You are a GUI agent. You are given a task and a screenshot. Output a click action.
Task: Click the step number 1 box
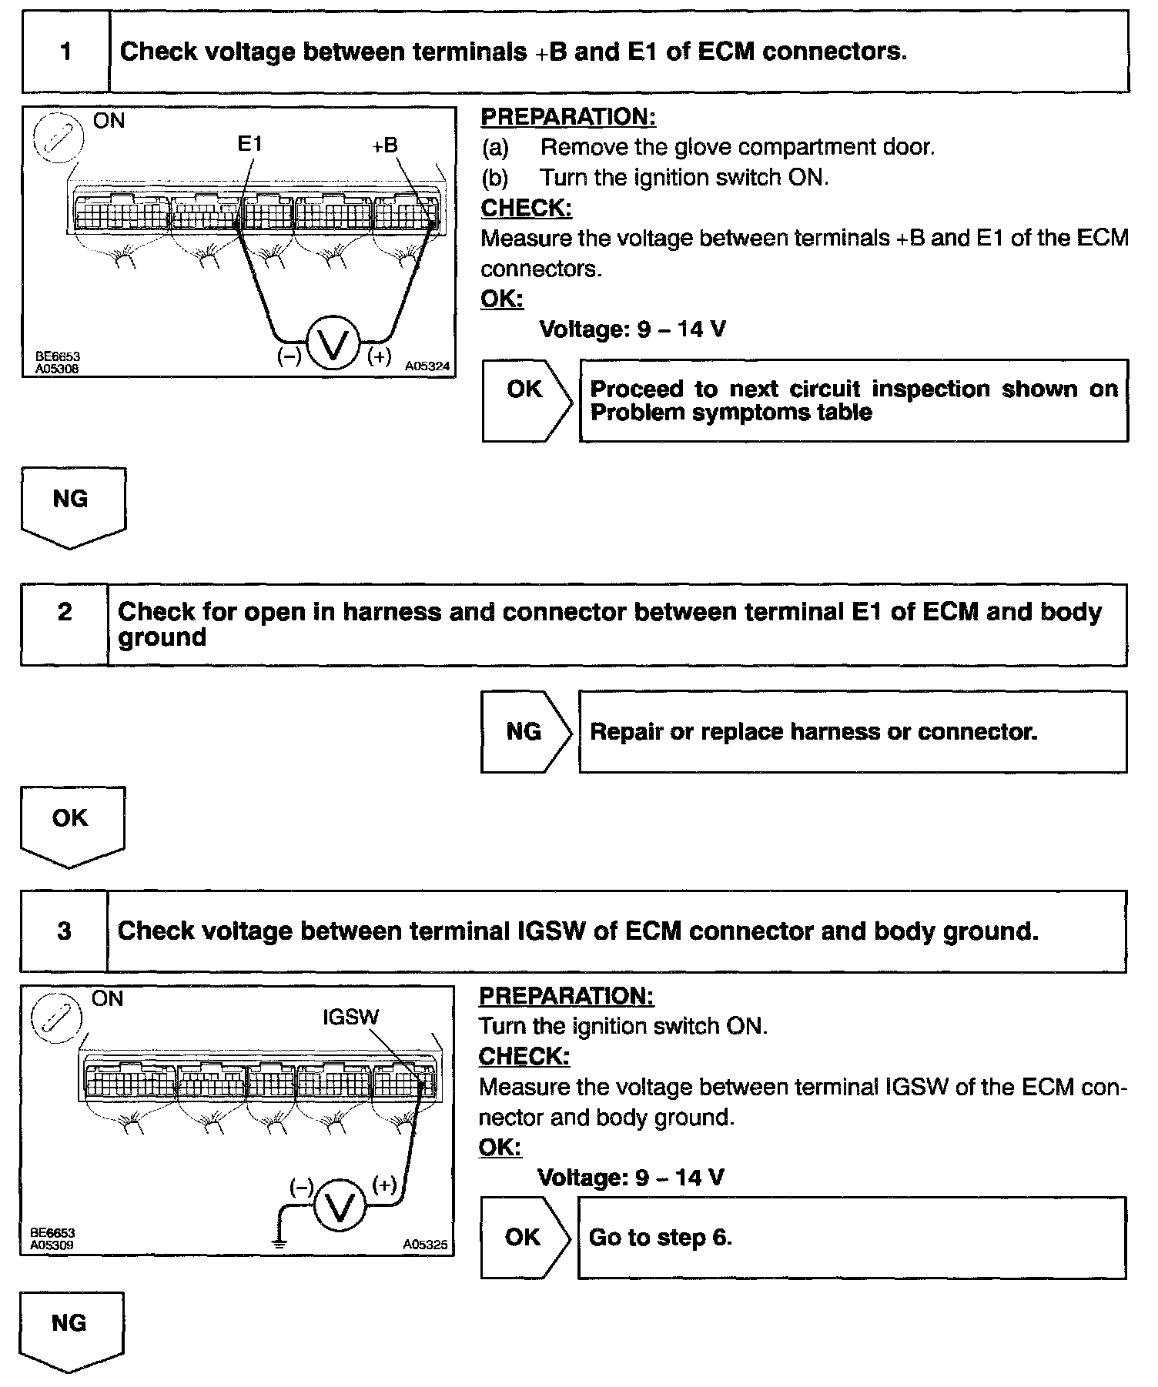click(x=66, y=52)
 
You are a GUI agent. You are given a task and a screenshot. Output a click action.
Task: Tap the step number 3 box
click(x=65, y=931)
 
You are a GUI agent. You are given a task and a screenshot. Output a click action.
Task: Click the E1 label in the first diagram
click(x=250, y=144)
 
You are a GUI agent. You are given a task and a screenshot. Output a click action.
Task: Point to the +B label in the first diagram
click(x=385, y=145)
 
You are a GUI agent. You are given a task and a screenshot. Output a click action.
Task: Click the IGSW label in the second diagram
click(x=351, y=1017)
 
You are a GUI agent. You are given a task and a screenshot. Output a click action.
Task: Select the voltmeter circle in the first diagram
click(x=333, y=343)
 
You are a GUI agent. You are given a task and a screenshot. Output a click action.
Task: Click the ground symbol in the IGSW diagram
click(x=279, y=1241)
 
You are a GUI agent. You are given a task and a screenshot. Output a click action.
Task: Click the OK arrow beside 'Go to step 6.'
click(x=525, y=1237)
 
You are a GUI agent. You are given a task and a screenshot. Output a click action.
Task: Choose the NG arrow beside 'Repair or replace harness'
click(x=526, y=731)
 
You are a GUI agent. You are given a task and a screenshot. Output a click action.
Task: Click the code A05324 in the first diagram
click(x=427, y=367)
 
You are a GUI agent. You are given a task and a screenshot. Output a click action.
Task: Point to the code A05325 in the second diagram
click(x=425, y=1245)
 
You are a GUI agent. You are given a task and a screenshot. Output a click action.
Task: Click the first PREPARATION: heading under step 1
click(x=568, y=116)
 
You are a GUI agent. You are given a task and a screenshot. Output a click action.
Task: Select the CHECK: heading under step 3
click(x=524, y=1056)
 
